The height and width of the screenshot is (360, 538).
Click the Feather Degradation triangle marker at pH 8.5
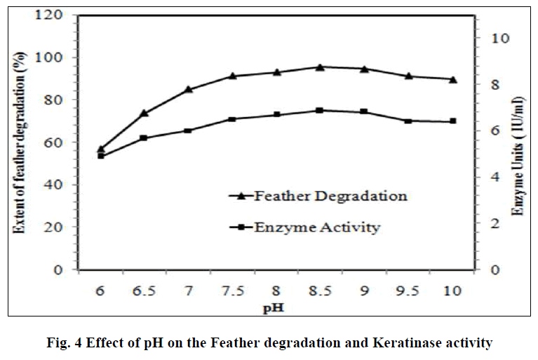click(x=320, y=67)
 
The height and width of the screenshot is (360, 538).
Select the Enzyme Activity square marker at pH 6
click(x=100, y=156)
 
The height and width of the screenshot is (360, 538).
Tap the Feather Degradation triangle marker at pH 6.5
click(x=144, y=113)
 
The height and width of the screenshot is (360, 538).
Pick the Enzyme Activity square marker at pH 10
click(x=452, y=121)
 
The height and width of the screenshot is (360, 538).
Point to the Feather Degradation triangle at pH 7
click(x=188, y=89)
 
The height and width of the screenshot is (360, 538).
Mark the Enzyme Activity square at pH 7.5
click(x=232, y=119)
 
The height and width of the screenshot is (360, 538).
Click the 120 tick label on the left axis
click(x=53, y=15)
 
